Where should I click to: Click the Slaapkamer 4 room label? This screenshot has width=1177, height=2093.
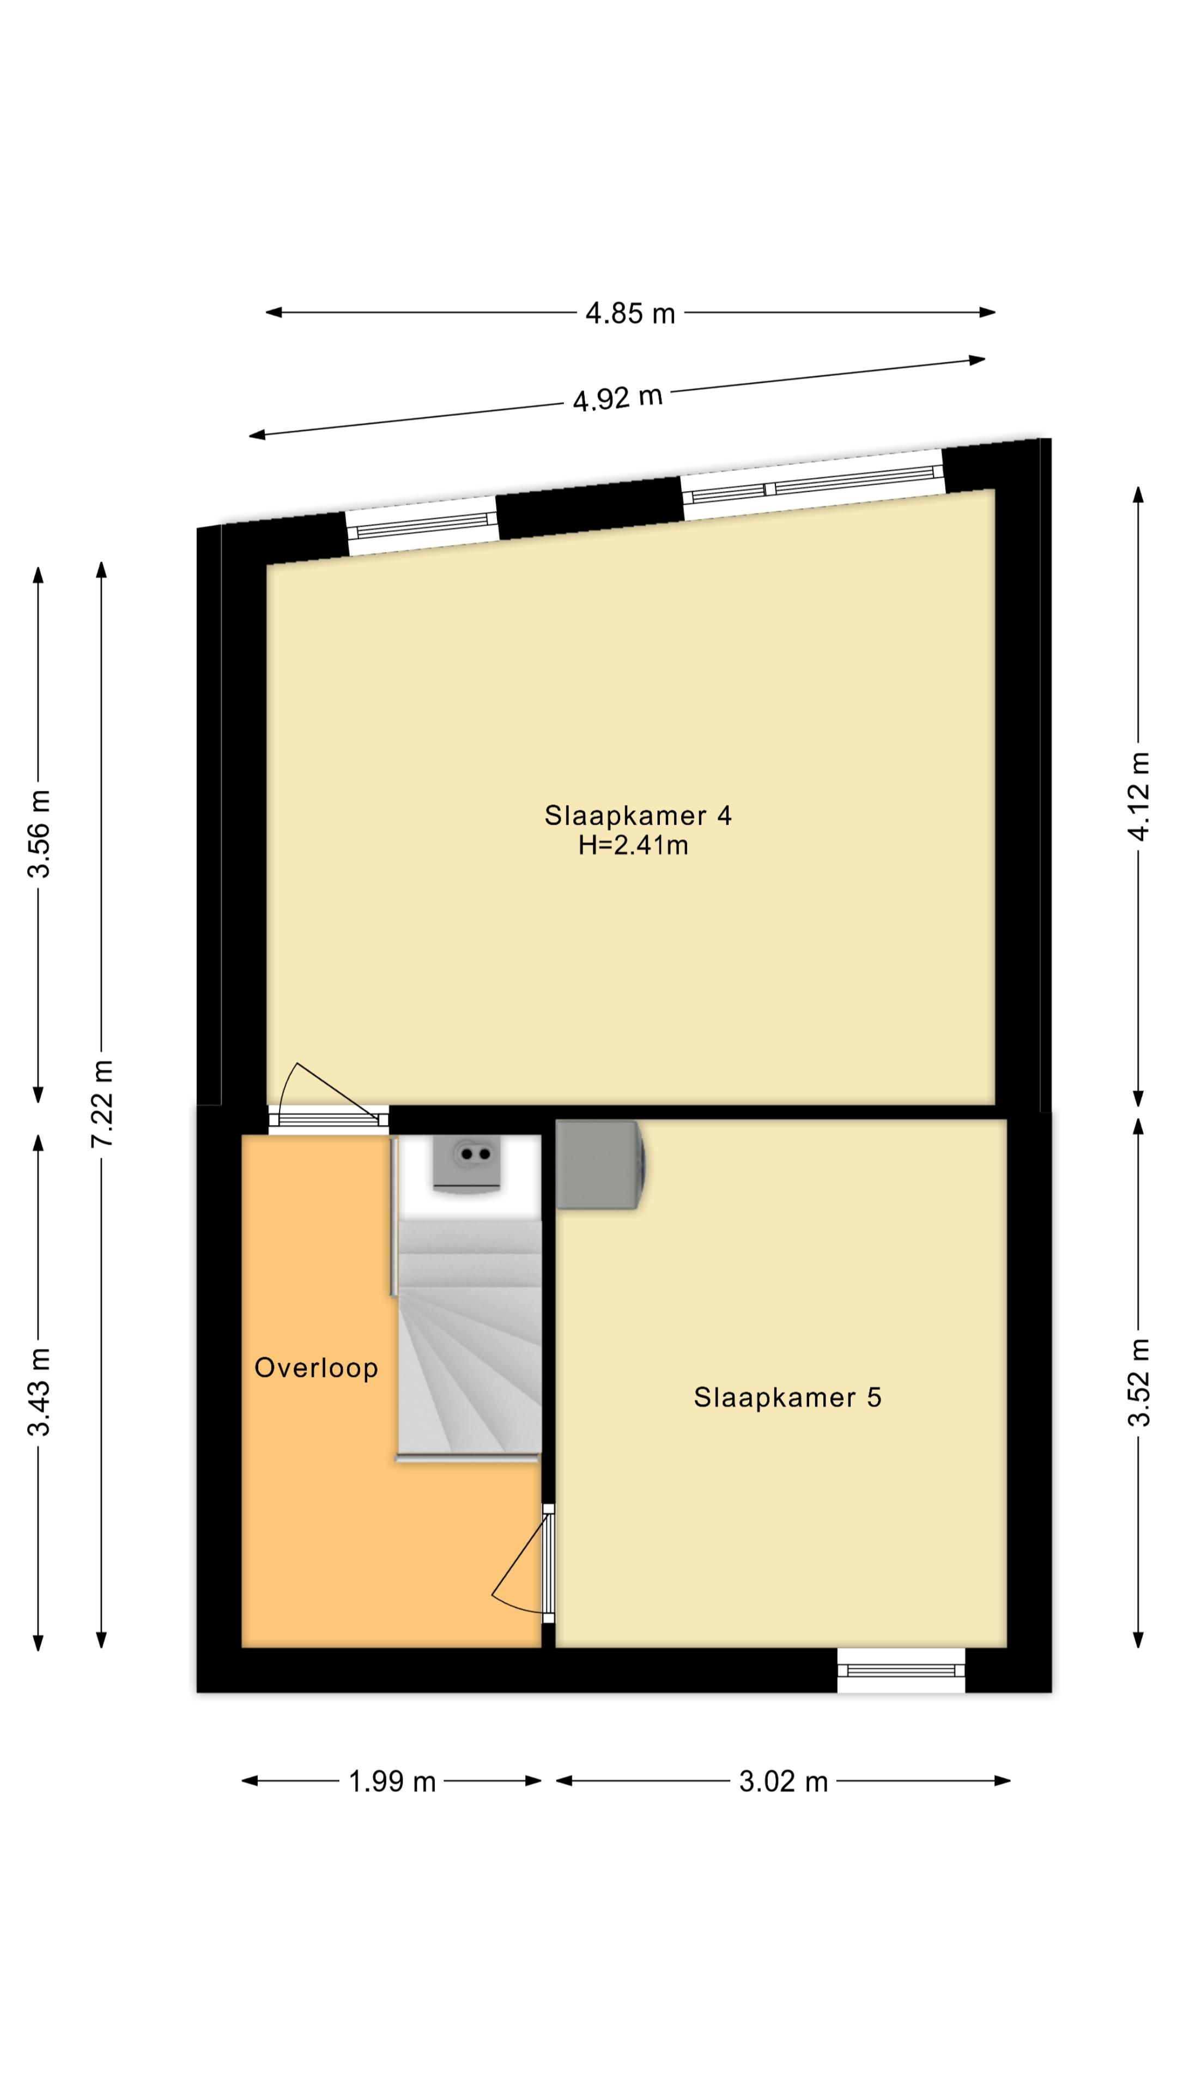point(638,815)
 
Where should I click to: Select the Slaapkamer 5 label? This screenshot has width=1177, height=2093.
point(787,1396)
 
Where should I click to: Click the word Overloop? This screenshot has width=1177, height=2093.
point(316,1368)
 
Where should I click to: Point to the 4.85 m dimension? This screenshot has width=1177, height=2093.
point(630,313)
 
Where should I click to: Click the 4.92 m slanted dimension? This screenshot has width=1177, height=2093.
point(618,398)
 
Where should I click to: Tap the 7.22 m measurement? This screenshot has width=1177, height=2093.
point(103,1103)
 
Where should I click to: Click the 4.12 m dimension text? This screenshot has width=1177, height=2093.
point(1139,797)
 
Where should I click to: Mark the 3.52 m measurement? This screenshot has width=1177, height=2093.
point(1139,1381)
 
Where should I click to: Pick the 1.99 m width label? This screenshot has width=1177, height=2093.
point(392,1782)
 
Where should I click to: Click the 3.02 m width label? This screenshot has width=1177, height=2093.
point(783,1782)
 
